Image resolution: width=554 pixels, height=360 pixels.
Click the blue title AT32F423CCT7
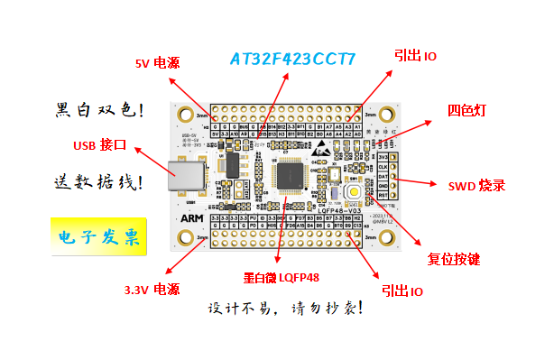(x=292, y=60)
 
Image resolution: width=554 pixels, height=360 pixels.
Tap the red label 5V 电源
(x=157, y=64)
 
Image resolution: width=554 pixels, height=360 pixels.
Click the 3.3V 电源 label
(x=152, y=290)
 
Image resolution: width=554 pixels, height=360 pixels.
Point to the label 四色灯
(x=467, y=110)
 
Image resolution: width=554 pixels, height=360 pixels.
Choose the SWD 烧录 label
(x=477, y=186)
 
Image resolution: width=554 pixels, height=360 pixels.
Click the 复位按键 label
(x=453, y=259)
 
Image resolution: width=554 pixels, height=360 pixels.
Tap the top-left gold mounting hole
(x=187, y=115)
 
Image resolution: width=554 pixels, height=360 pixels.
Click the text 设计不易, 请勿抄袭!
(x=285, y=309)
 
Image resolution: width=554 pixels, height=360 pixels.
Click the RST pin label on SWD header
(x=383, y=194)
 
